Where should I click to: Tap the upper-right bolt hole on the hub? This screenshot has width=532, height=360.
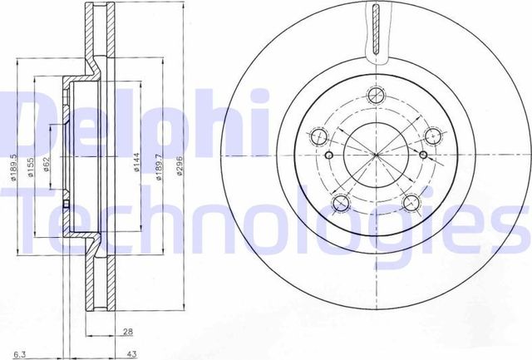coord(433,136)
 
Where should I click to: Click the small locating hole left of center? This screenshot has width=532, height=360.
coord(329,156)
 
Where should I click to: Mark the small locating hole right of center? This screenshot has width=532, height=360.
coord(424,155)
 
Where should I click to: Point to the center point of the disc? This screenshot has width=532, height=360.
coord(377,156)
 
